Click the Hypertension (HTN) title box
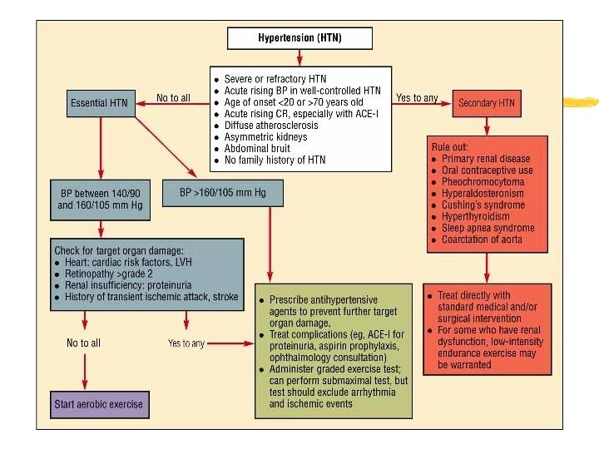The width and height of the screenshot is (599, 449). pyautogui.click(x=299, y=37)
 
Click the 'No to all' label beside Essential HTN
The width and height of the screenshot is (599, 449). pyautogui.click(x=173, y=98)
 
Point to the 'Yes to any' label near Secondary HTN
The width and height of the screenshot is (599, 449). pyautogui.click(x=417, y=98)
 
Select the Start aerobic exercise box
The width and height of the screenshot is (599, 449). pyautogui.click(x=99, y=405)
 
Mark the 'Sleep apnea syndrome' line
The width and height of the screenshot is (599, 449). pyautogui.click(x=488, y=229)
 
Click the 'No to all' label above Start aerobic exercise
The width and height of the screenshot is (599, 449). pyautogui.click(x=84, y=343)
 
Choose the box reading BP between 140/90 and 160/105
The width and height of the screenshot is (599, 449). pyautogui.click(x=101, y=204)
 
